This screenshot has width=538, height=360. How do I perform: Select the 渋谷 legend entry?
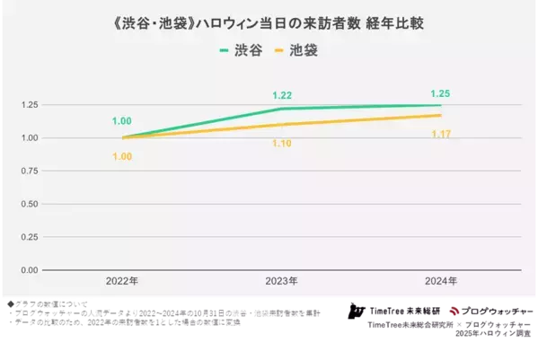[x=241, y=50]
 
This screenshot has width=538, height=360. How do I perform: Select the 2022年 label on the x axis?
[x=121, y=281]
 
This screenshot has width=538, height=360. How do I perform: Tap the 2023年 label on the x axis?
[x=281, y=281]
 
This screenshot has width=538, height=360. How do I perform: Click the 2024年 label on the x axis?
[x=440, y=281]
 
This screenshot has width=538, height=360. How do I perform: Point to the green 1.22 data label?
[x=281, y=94]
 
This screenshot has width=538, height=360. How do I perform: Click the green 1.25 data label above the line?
[x=440, y=92]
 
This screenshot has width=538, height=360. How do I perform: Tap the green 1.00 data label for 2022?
[x=121, y=120]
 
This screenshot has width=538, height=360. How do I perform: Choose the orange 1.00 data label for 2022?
[x=121, y=156]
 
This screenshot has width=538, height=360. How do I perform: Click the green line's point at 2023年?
[x=281, y=109]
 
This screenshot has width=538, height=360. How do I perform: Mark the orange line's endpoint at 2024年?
[x=440, y=115]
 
